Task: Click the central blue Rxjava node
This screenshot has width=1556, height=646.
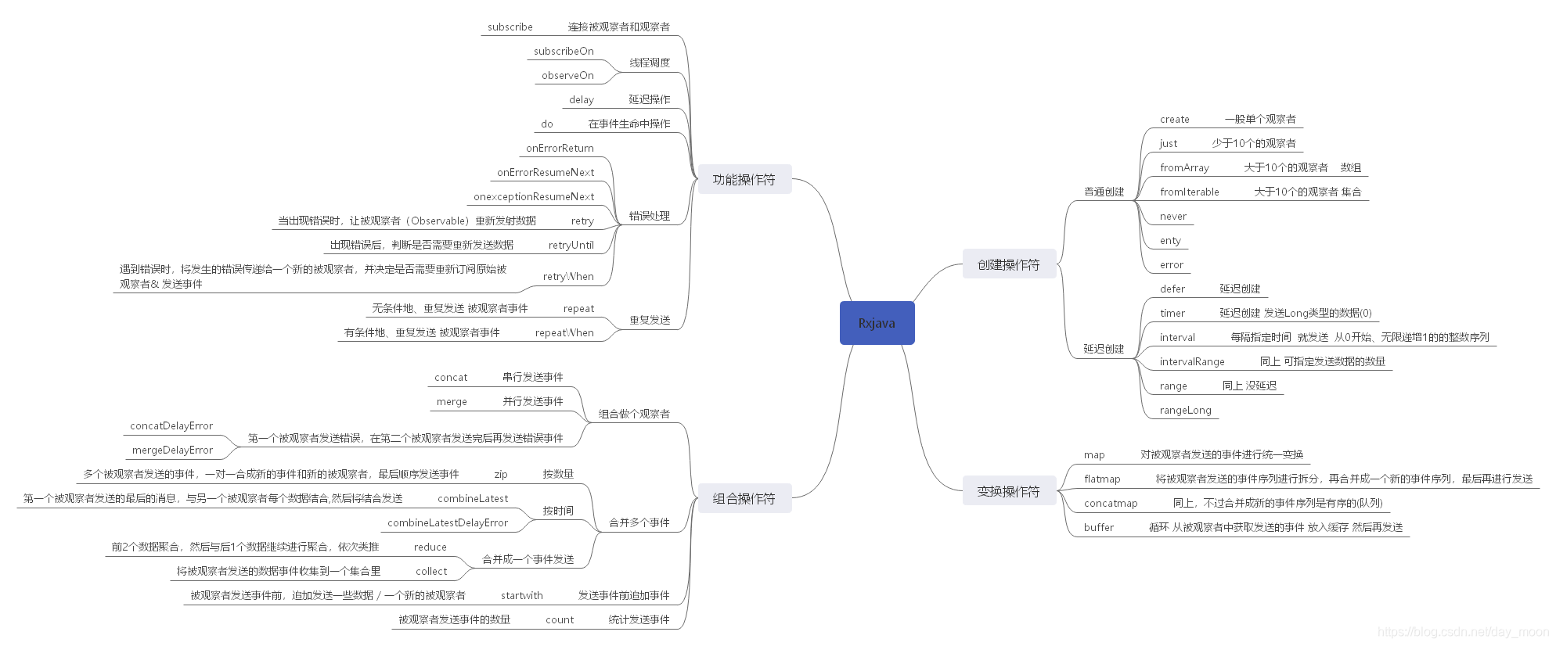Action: pos(877,323)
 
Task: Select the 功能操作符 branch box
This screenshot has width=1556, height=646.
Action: pos(744,180)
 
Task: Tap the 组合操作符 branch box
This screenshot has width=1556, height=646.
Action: pos(744,499)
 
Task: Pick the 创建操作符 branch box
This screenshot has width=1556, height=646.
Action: pos(1009,265)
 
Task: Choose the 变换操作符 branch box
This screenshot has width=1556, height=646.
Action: pos(1009,492)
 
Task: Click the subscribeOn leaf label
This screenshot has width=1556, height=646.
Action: pos(564,52)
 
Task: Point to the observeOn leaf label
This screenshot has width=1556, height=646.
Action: pos(567,76)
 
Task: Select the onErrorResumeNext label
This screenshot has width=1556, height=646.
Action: pos(546,173)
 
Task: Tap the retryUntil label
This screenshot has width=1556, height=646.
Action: pos(571,246)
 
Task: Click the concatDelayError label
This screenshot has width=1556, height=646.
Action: pos(171,426)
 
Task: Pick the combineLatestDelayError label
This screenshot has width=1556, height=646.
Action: pos(448,523)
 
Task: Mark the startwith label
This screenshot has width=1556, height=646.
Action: pos(522,596)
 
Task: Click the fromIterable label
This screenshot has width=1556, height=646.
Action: pos(1190,192)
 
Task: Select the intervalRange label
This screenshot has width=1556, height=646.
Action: pos(1192,362)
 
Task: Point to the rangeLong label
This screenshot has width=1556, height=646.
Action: pos(1186,411)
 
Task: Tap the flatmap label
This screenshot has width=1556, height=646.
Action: pos(1102,479)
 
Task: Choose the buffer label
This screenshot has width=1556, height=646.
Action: pos(1099,528)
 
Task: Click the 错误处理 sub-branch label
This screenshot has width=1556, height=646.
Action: pos(650,217)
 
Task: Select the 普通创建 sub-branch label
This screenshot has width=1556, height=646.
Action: pos(1104,192)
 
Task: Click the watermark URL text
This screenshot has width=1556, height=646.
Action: pos(1463,632)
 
